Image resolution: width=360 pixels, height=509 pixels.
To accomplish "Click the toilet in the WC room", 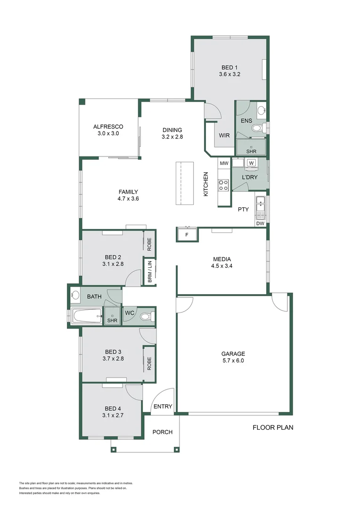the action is [147, 316].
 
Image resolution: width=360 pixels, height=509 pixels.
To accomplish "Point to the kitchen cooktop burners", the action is [223, 185].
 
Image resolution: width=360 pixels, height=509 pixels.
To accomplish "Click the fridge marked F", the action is [187, 234].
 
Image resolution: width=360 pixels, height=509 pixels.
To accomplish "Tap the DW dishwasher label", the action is [261, 224].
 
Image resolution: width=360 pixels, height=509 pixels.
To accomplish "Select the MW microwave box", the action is [224, 163].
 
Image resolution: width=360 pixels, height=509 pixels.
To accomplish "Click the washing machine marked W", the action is [252, 163].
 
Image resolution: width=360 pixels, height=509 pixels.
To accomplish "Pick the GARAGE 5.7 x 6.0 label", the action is [233, 357].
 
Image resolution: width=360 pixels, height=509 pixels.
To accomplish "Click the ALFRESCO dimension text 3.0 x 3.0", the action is [108, 133].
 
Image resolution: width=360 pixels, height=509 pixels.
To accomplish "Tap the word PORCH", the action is [163, 432].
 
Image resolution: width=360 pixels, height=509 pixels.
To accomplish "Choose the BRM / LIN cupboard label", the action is [150, 271].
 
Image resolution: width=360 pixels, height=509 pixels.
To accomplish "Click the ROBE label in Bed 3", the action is [149, 363].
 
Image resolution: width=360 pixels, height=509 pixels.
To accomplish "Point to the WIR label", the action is [224, 135].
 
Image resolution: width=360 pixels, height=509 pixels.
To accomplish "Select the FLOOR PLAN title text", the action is [273, 427].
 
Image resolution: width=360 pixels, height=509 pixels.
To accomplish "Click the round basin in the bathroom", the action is [75, 296].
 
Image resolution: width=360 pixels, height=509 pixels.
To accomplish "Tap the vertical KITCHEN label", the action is [206, 184].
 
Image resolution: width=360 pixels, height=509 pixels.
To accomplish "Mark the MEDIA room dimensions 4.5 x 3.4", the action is [222, 266].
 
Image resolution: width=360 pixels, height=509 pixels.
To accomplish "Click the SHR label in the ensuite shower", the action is [251, 151].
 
